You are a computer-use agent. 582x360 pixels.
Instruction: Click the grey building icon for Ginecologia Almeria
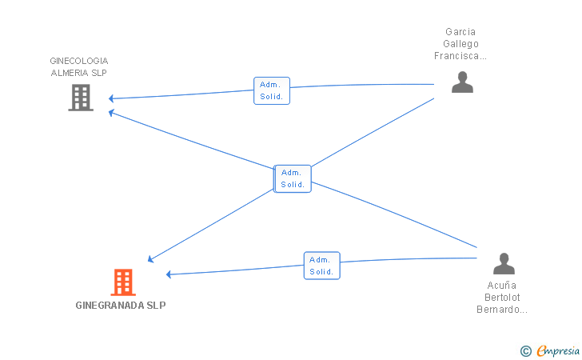click(x=81, y=98)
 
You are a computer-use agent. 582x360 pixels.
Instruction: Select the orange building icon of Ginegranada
click(x=123, y=282)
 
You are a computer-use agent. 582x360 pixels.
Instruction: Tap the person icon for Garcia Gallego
click(x=462, y=82)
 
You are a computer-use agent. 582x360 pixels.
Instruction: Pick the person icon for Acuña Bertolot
click(x=504, y=263)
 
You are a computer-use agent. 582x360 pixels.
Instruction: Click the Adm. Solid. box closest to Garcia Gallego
click(x=272, y=90)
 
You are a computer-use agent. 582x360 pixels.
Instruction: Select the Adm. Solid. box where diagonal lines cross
click(x=293, y=178)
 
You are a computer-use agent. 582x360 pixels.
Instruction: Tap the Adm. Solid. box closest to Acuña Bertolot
click(x=322, y=266)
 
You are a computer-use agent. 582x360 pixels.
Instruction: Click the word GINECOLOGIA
click(x=79, y=61)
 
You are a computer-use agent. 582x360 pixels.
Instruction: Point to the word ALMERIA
click(x=70, y=73)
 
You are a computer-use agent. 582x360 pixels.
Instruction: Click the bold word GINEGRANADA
click(x=110, y=306)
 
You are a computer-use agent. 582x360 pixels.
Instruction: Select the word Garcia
click(x=460, y=31)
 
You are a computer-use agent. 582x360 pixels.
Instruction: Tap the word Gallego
click(x=460, y=44)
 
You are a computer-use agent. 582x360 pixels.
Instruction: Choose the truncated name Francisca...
click(x=460, y=56)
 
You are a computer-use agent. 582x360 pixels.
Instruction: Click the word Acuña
click(x=502, y=286)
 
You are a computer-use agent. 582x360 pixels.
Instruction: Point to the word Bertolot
click(x=502, y=298)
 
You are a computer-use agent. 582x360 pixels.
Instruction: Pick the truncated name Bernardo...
click(x=502, y=310)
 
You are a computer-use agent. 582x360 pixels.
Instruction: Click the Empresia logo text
click(x=558, y=350)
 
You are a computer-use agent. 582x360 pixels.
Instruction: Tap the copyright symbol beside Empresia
click(x=526, y=351)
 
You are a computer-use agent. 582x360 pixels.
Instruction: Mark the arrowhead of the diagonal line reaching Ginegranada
click(x=150, y=259)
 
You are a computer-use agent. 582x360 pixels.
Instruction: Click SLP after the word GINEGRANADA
click(x=156, y=306)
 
